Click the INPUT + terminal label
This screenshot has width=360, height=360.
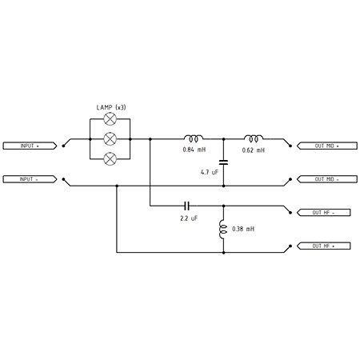(30, 146)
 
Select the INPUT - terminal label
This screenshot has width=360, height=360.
(30, 179)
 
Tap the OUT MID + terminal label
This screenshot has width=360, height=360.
(327, 146)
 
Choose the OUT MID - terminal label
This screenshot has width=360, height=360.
(327, 179)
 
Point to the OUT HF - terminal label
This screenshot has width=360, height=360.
(323, 213)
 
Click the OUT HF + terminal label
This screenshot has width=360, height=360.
(323, 246)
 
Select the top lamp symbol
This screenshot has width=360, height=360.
(110, 119)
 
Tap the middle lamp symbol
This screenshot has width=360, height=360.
(110, 139)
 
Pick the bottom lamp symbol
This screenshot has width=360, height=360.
(110, 159)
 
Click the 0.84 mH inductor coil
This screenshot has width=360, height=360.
(194, 138)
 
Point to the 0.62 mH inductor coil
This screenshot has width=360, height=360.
(254, 138)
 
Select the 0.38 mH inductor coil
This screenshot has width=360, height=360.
(223, 230)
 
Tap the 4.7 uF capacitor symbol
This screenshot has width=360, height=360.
(223, 162)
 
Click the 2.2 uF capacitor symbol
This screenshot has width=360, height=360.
(187, 206)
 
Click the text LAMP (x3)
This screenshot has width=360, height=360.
(111, 107)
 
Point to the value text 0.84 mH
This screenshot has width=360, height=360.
(194, 150)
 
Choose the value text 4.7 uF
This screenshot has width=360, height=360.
(210, 172)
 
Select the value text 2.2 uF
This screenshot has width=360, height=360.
(189, 218)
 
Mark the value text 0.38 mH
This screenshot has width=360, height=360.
(243, 229)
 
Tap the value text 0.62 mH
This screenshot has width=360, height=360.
(254, 150)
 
